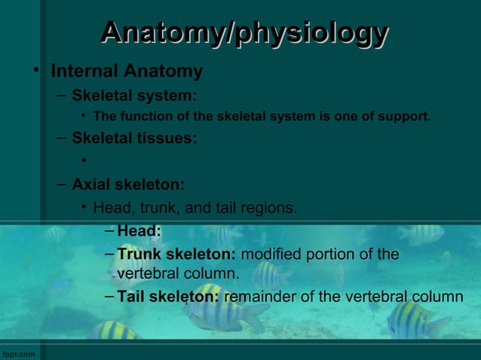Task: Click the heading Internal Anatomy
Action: [127, 72]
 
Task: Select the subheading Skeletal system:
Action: [134, 96]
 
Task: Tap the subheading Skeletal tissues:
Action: [134, 139]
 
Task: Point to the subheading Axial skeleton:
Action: [128, 185]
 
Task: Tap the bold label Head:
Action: [139, 231]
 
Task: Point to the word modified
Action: [270, 254]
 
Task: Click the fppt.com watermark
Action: [18, 353]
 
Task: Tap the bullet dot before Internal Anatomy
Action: [35, 71]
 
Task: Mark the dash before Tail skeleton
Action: [111, 297]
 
